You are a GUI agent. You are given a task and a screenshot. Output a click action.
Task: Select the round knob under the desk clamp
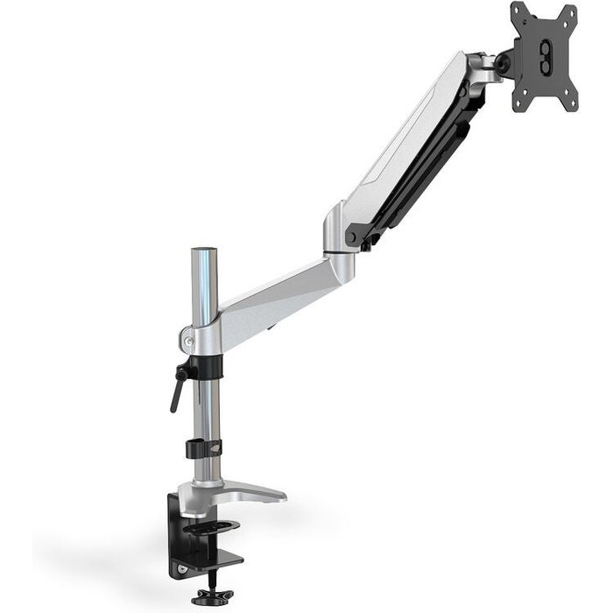click(208, 596)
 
